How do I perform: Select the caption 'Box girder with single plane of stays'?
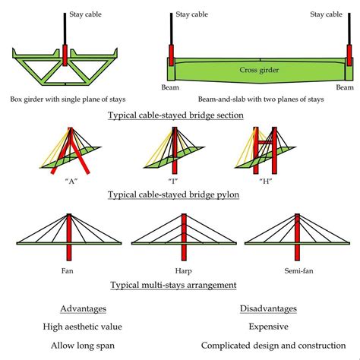tap(68, 99)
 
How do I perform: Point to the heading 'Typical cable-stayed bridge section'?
tap(175, 115)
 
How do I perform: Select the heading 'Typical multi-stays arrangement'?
tap(173, 285)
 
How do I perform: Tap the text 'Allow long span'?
tap(83, 346)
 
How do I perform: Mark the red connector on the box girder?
tap(67, 55)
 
